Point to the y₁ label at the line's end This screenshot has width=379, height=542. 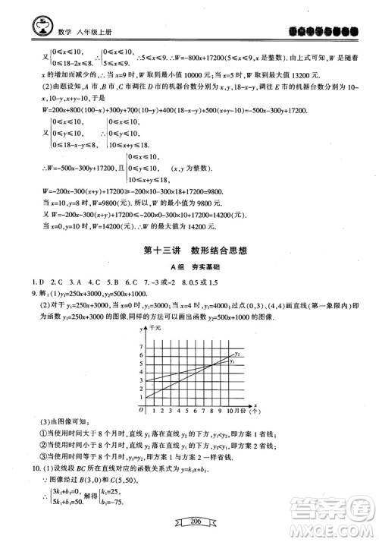click(x=233, y=361)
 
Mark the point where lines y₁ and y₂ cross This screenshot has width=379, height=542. click(x=212, y=364)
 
